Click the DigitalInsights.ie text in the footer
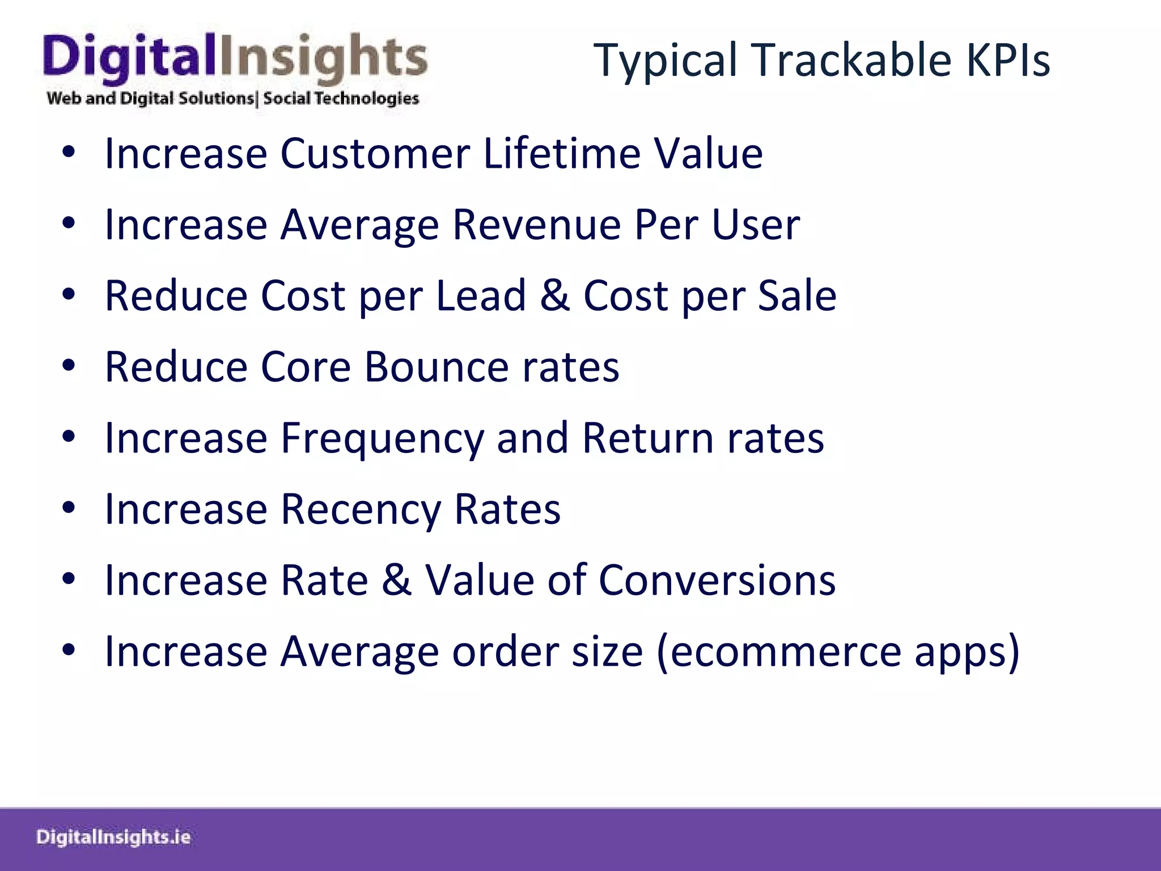113,837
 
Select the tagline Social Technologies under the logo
341,98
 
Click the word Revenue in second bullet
536,225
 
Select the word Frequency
382,438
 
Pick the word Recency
361,509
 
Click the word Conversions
717,580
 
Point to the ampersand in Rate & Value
396,580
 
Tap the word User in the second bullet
755,225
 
